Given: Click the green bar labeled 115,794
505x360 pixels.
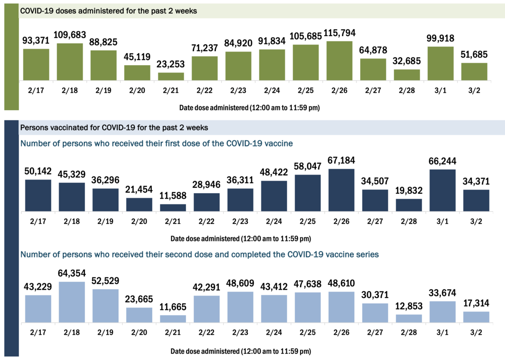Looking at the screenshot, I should pyautogui.click(x=340, y=61).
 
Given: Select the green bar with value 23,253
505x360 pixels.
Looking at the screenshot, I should pyautogui.click(x=171, y=76).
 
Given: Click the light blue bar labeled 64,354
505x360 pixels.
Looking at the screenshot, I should pyautogui.click(x=72, y=302).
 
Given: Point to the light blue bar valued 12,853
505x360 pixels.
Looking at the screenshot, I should pyautogui.click(x=409, y=318).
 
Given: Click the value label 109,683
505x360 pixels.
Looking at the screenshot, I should pyautogui.click(x=70, y=35).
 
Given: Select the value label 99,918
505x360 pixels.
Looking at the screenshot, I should pyautogui.click(x=441, y=38).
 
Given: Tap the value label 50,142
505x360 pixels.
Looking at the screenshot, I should pyautogui.click(x=38, y=172).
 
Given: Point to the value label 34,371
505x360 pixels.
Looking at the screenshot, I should pyautogui.click(x=476, y=181).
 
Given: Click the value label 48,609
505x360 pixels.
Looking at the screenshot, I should pyautogui.click(x=240, y=284).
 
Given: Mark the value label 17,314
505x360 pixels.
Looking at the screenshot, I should pyautogui.click(x=476, y=303).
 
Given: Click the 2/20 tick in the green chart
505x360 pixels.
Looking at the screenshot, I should pyautogui.click(x=137, y=90).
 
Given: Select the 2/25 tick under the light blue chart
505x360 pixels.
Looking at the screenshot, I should pyautogui.click(x=308, y=332).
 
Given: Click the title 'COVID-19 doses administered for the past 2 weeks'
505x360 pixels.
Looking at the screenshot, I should pyautogui.click(x=108, y=11).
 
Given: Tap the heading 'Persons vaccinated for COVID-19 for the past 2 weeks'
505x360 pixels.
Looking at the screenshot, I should pyautogui.click(x=114, y=127).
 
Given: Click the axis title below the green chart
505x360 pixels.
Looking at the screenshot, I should pyautogui.click(x=250, y=108).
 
